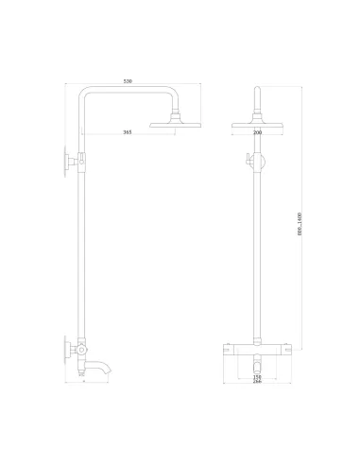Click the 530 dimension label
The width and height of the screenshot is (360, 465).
pyautogui.click(x=127, y=81)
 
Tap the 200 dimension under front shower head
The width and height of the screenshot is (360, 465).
pyautogui.click(x=257, y=132)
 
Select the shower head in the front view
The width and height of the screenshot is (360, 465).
pyautogui.click(x=257, y=121)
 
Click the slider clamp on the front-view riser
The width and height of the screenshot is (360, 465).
pyautogui.click(x=258, y=160)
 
